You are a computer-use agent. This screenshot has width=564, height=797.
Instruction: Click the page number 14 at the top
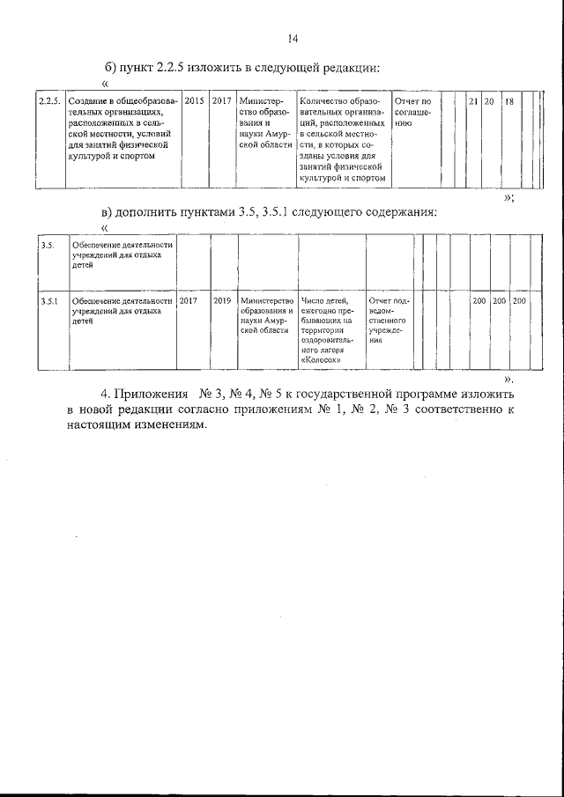293,38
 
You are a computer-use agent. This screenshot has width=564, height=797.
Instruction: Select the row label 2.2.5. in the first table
49,102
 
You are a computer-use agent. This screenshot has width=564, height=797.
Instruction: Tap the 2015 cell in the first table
195,102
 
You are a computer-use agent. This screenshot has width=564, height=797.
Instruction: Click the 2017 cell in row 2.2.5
221,102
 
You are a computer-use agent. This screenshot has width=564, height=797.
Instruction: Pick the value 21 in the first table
473,102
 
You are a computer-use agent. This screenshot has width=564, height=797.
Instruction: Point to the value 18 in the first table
509,102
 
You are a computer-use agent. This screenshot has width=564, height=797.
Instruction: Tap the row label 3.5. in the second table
48,246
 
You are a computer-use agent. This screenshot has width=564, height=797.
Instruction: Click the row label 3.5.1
49,301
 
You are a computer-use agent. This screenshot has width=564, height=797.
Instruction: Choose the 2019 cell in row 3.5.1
222,301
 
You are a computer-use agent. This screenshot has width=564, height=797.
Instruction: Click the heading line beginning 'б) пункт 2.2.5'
242,68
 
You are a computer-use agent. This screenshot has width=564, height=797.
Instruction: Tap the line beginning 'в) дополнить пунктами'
269,212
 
